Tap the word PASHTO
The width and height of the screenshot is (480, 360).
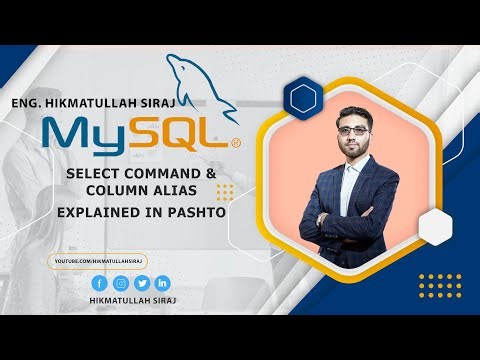[x=196, y=212]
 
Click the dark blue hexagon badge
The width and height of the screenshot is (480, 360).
[x=301, y=98]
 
